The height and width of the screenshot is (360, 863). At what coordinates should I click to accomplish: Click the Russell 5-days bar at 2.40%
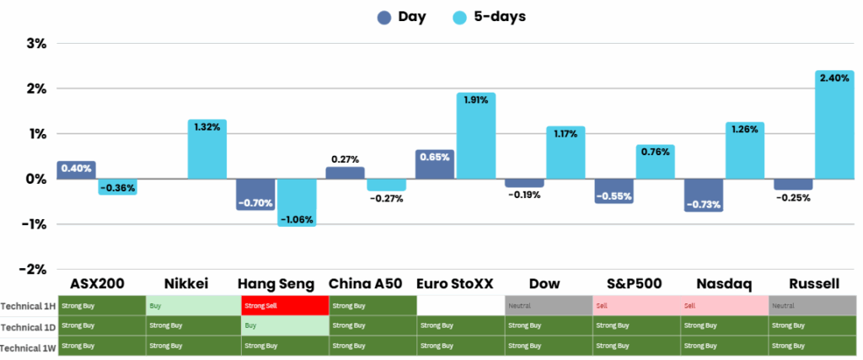[834, 125]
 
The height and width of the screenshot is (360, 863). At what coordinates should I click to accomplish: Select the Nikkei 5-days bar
[207, 149]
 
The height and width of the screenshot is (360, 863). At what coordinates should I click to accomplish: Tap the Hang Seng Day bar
[255, 194]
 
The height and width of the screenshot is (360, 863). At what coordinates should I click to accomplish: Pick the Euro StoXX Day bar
[435, 164]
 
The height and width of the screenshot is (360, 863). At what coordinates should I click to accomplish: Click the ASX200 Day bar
[77, 169]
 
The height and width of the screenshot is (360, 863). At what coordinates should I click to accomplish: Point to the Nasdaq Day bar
[704, 195]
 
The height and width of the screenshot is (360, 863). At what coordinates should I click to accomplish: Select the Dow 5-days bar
[566, 153]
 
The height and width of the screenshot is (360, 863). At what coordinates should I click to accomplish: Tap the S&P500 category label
[633, 283]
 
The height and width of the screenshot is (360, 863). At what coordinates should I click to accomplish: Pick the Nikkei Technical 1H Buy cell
[192, 305]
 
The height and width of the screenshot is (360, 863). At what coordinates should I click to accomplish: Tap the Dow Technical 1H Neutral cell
[549, 305]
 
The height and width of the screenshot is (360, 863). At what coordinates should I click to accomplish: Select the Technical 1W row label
[29, 347]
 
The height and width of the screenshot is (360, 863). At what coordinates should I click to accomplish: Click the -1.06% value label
[297, 220]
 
